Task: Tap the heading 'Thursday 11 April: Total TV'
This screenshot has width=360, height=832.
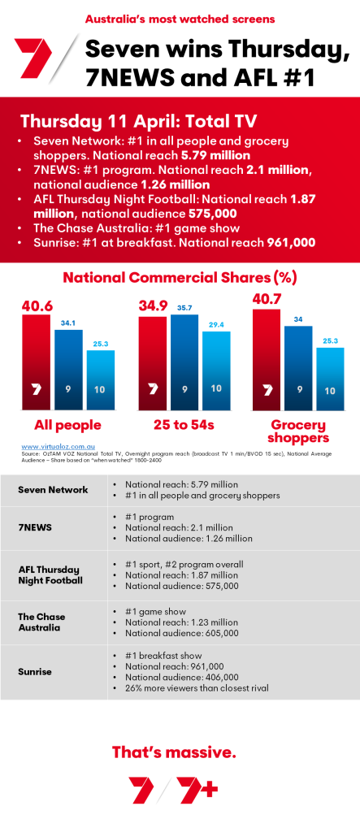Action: point(138,121)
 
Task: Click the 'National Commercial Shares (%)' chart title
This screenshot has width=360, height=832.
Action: point(180,277)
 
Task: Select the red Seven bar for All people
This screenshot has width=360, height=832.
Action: point(36,362)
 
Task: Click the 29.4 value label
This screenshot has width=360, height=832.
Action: point(216,324)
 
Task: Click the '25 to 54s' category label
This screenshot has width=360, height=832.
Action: point(184,425)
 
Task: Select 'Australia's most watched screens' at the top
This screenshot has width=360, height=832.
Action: point(180,17)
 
